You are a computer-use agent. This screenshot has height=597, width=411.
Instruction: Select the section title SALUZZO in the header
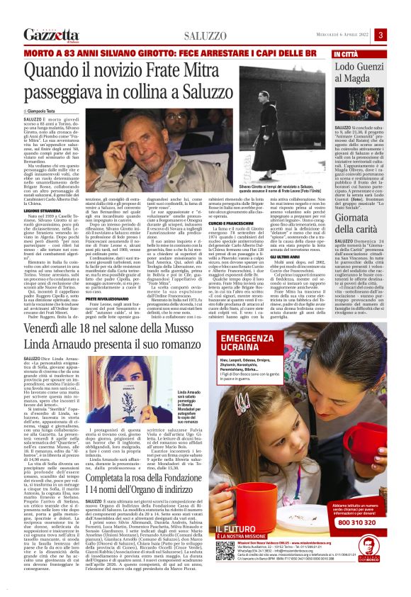click(x=206, y=35)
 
